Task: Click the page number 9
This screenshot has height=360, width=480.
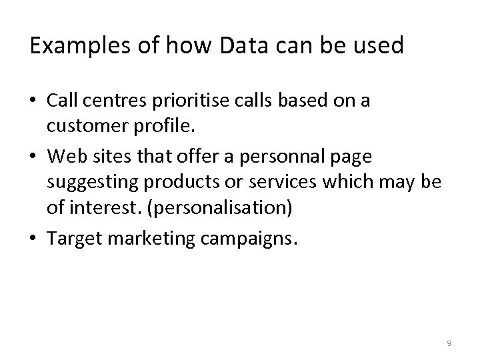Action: coord(449,343)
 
